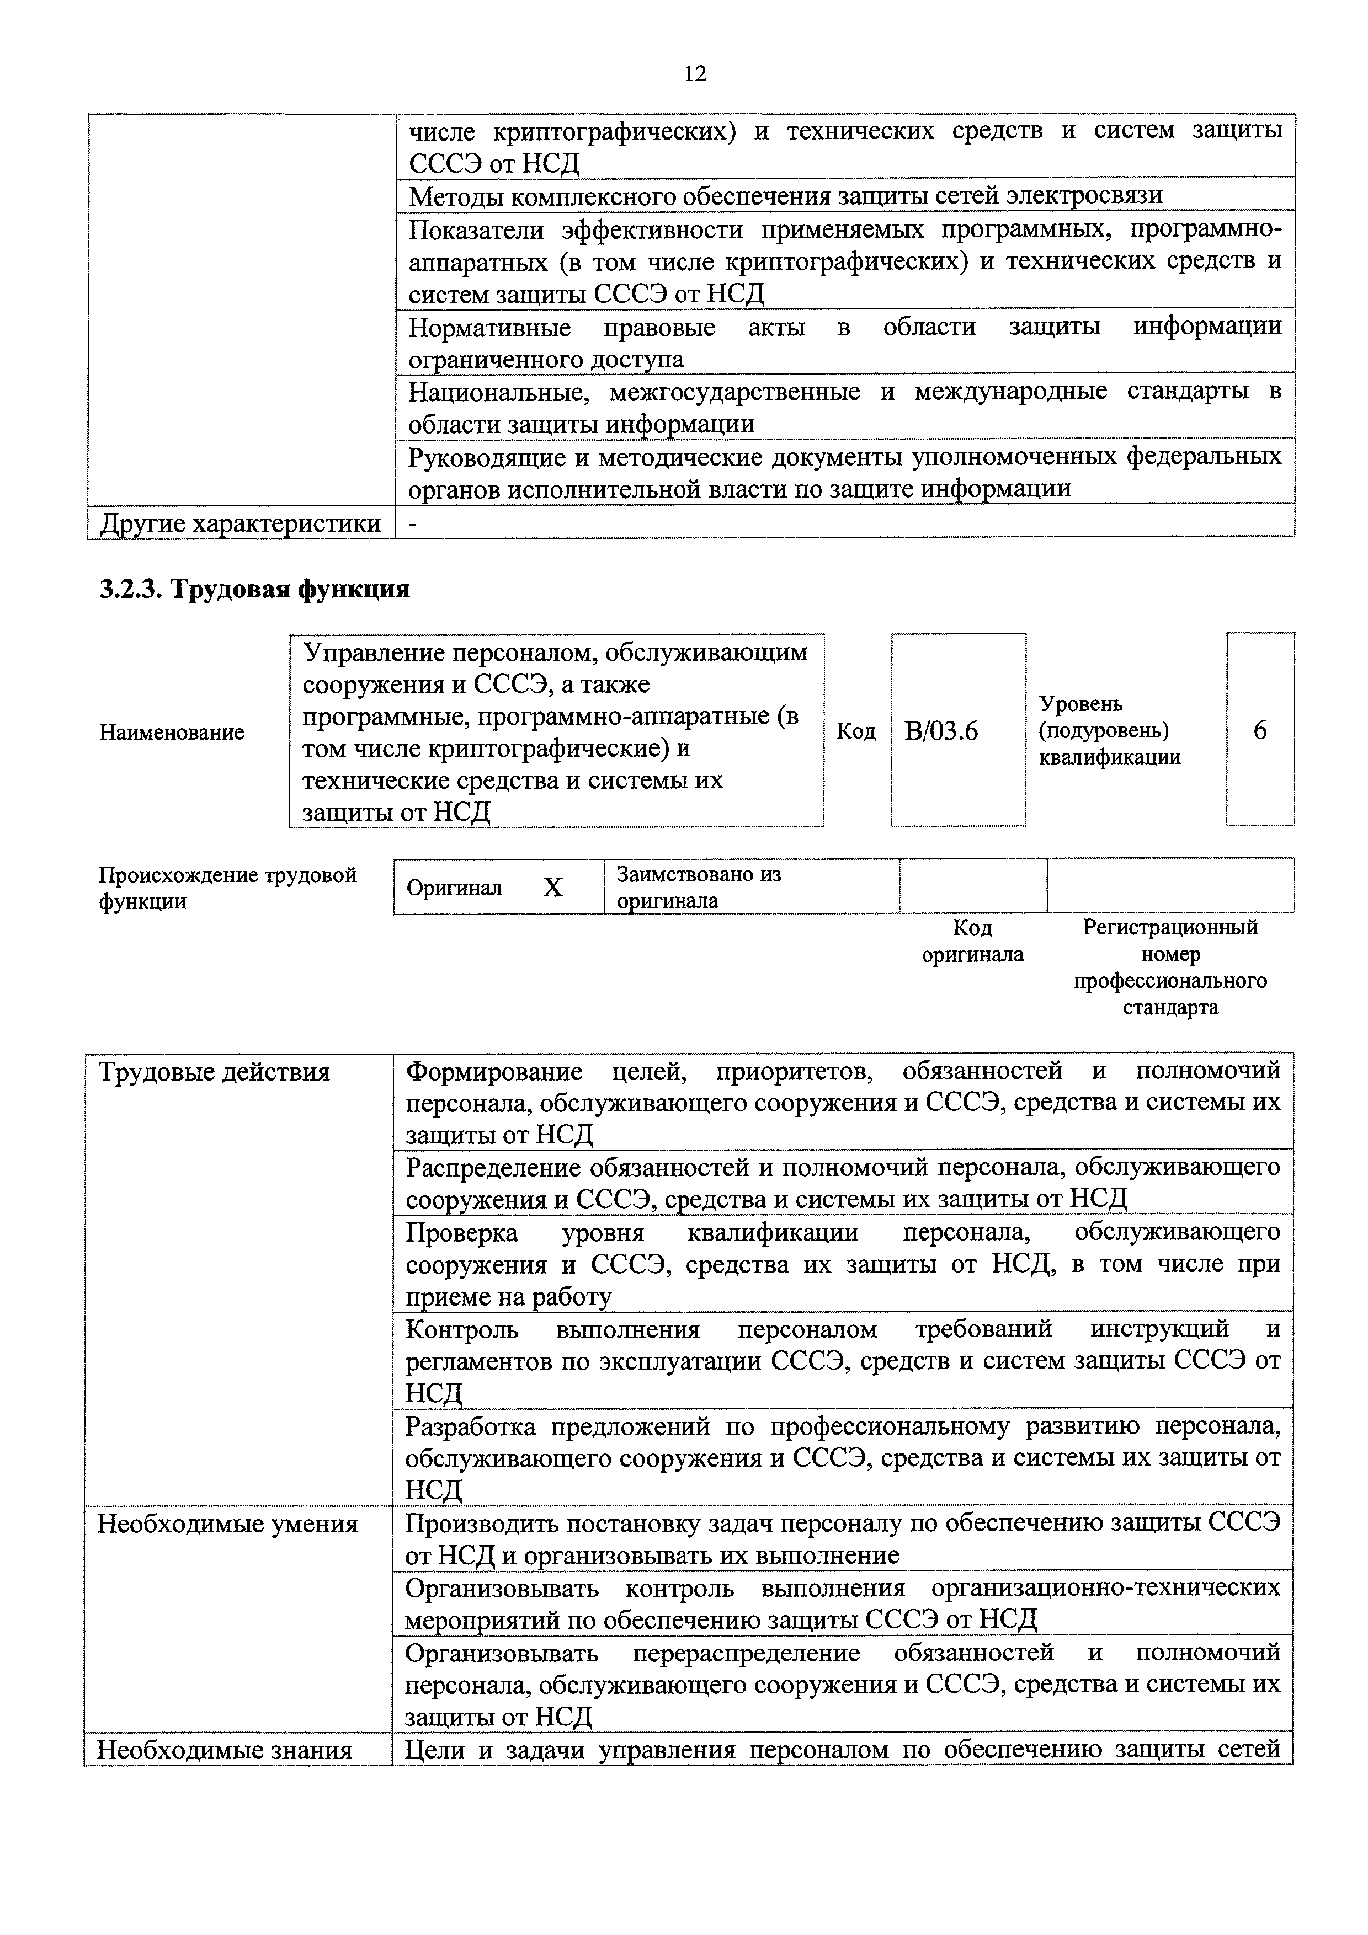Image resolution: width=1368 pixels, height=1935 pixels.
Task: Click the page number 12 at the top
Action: (x=695, y=74)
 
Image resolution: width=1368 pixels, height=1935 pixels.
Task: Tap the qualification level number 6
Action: (x=1259, y=730)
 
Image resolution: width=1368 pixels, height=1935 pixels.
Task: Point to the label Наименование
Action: (x=172, y=731)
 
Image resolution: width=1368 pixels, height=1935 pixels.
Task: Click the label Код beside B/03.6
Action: (x=855, y=731)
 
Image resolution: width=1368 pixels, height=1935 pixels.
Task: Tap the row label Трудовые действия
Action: (x=214, y=1073)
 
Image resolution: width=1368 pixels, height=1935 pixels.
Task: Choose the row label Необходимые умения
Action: (x=227, y=1524)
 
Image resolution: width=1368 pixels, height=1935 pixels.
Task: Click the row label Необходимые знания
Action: (x=224, y=1750)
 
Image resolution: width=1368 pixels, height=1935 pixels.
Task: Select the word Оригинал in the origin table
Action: (x=454, y=888)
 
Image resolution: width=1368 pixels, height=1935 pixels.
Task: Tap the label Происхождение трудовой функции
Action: (x=227, y=888)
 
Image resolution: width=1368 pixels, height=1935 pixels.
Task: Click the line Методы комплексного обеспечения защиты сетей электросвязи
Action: (x=785, y=195)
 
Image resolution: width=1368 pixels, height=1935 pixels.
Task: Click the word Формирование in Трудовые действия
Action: (x=494, y=1072)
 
